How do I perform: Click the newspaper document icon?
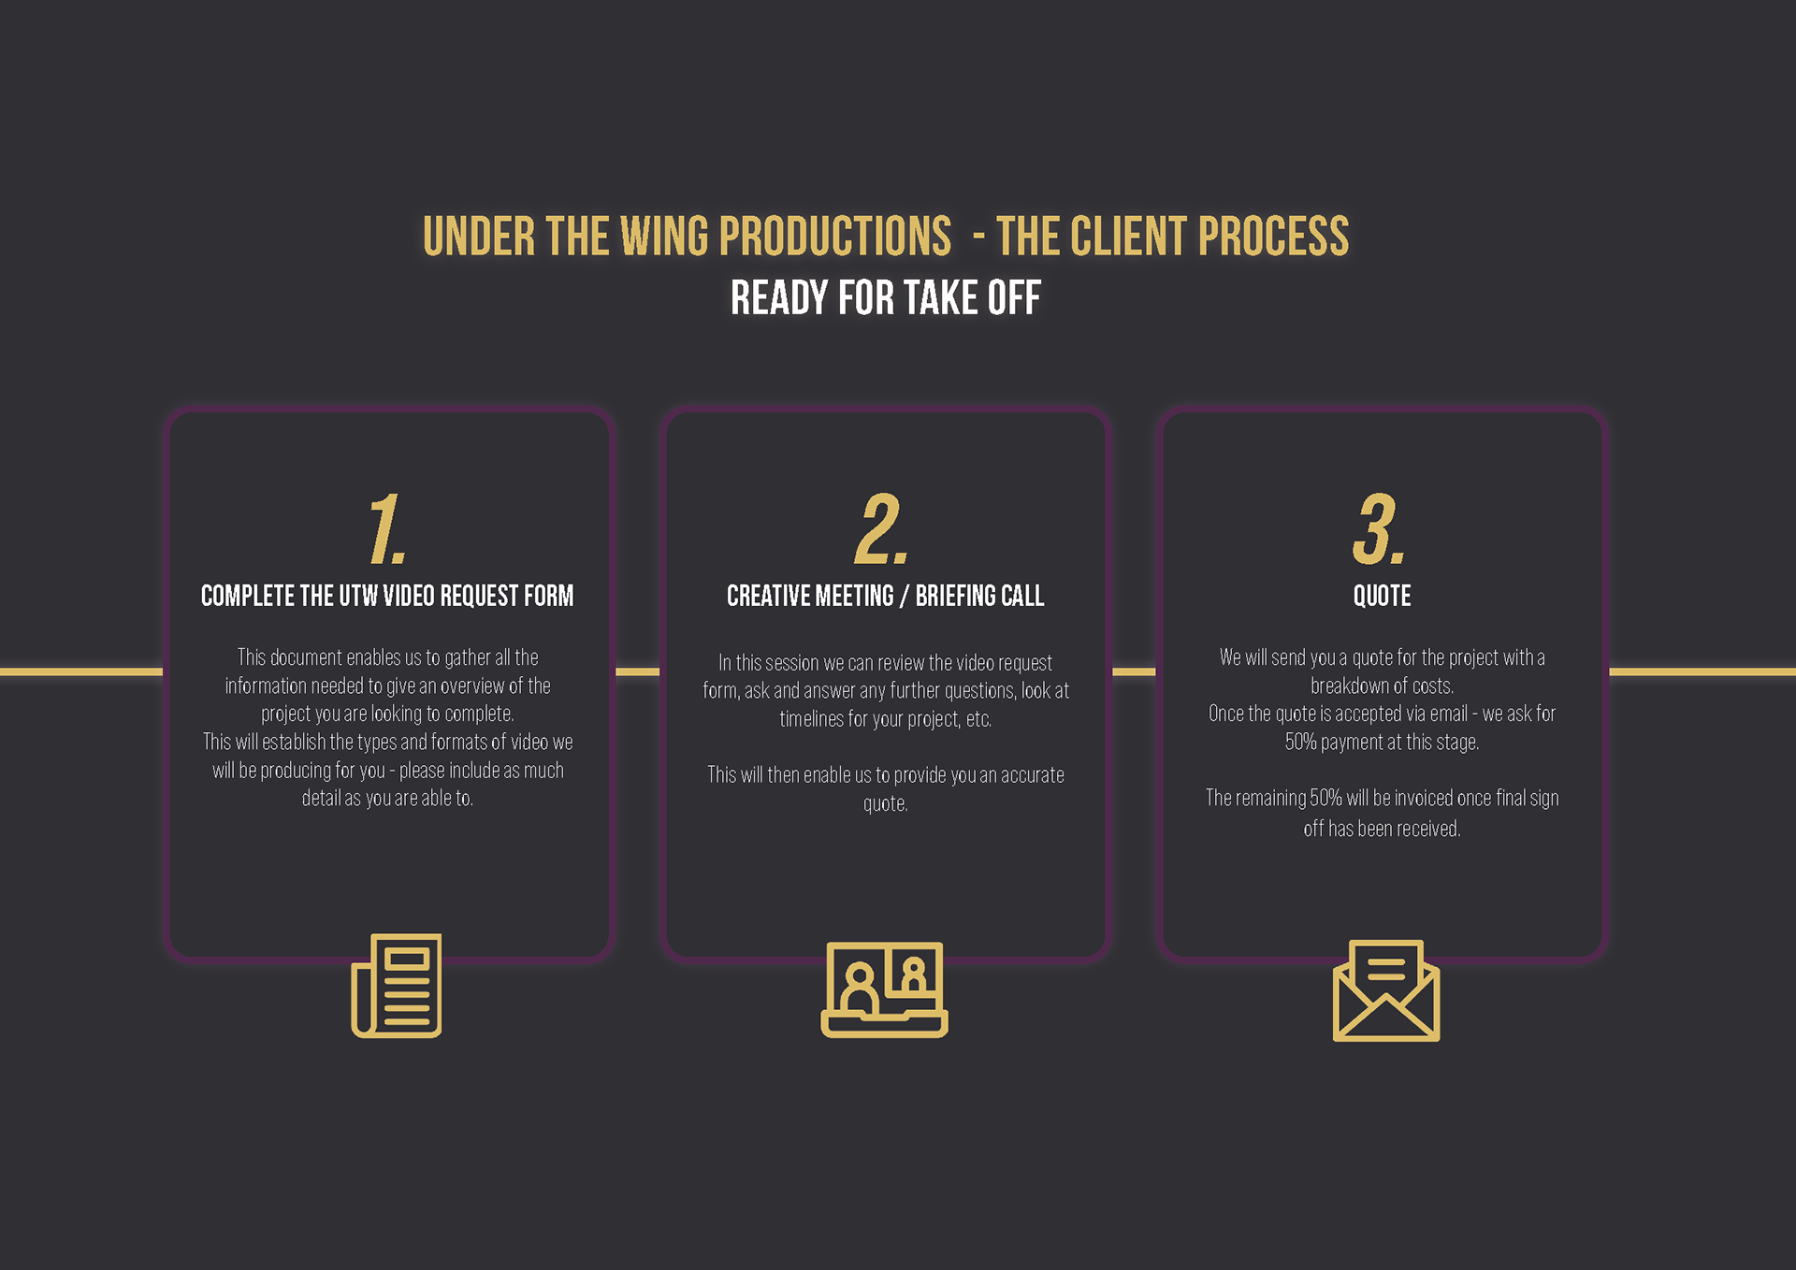point(397,986)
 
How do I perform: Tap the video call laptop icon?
point(884,989)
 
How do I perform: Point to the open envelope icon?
point(1385,990)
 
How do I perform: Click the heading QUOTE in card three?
point(1382,596)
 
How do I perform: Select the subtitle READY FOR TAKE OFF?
point(885,298)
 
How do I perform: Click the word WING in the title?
point(664,237)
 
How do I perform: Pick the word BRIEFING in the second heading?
point(954,596)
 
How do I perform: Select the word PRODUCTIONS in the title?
point(835,237)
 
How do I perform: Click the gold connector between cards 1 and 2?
point(637,671)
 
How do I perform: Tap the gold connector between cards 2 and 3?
point(1134,671)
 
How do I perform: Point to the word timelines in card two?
point(811,719)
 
